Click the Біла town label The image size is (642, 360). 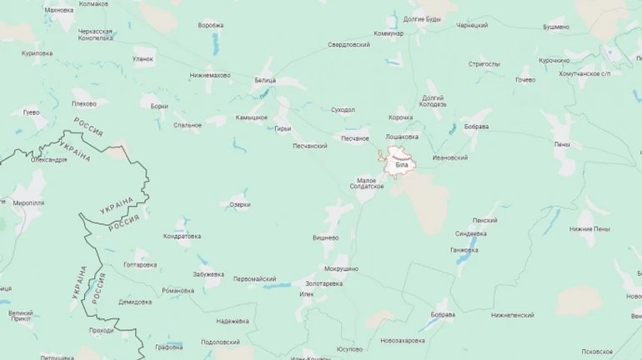[402, 166]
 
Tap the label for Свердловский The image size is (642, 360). [349, 44]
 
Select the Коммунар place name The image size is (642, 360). [389, 33]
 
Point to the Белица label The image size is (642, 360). [265, 80]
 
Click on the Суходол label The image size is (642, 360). [343, 109]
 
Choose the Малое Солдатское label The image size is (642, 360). [370, 182]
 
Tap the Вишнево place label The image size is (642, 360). [325, 237]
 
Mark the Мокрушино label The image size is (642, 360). [341, 269]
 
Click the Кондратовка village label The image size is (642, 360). [182, 236]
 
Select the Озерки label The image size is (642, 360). [239, 204]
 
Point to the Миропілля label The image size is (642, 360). [29, 202]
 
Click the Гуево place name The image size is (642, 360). [31, 112]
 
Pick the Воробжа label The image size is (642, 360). [211, 25]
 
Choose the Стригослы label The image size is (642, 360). [484, 63]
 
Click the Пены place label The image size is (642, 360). [562, 145]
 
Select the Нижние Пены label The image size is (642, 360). [589, 228]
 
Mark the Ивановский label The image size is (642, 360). [450, 157]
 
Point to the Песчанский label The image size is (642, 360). [309, 146]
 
